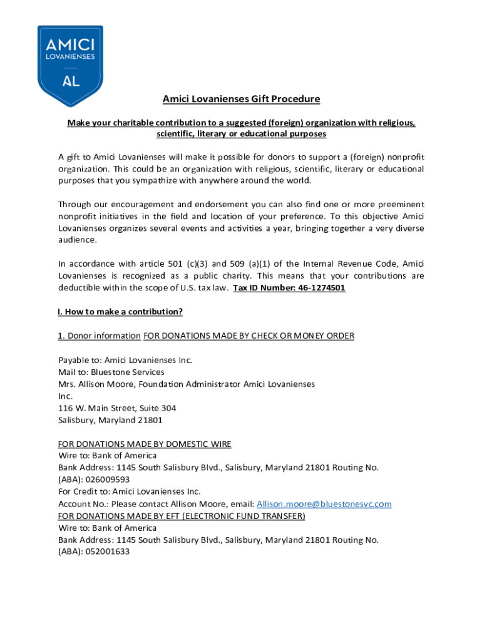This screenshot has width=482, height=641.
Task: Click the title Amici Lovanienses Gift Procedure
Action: [x=241, y=99]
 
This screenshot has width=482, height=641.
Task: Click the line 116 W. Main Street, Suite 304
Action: [x=117, y=408]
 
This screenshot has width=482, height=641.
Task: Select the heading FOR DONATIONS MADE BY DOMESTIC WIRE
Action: [x=145, y=444]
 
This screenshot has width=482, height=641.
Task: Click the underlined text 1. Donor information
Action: [x=99, y=336]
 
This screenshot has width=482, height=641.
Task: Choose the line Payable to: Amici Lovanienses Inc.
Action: [x=125, y=360]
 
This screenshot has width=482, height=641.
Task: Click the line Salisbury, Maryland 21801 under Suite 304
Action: [x=110, y=420]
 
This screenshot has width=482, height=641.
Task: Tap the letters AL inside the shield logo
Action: [x=71, y=81]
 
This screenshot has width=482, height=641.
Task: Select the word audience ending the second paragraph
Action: [x=77, y=240]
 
